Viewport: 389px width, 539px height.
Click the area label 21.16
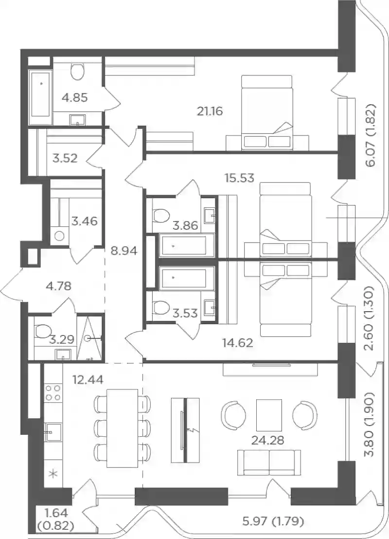[x=210, y=111]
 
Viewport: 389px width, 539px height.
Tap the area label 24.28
[x=268, y=440]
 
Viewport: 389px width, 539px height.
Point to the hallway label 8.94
[x=124, y=251]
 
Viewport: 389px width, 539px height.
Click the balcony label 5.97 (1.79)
[x=273, y=522]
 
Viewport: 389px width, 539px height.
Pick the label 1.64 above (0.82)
[x=56, y=513]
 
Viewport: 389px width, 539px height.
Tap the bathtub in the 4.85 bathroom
[x=41, y=97]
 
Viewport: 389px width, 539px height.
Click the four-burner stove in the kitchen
[x=53, y=392]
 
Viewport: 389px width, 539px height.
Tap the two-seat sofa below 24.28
[x=269, y=463]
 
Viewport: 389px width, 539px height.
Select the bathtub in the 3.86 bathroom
[x=187, y=245]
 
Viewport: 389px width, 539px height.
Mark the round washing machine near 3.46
[x=60, y=236]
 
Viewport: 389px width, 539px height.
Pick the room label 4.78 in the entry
[x=59, y=286]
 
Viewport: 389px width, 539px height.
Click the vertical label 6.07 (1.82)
[x=371, y=135]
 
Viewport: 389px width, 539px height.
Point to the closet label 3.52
[x=65, y=158]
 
